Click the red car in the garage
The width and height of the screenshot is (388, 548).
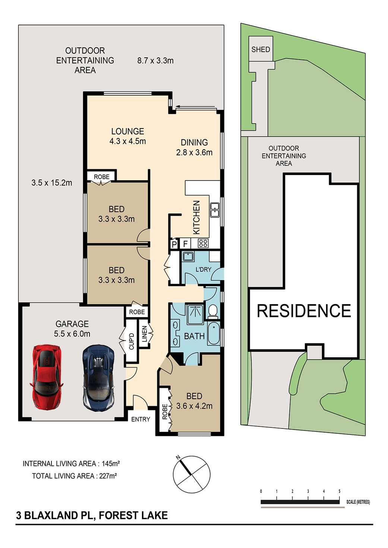tap(47, 377)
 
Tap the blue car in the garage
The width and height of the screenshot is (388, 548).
tap(98, 378)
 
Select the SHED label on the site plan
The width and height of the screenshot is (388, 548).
tap(261, 50)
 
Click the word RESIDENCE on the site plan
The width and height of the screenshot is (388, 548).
tap(304, 311)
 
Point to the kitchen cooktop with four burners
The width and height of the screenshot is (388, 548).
tap(203, 243)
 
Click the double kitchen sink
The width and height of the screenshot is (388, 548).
tap(215, 210)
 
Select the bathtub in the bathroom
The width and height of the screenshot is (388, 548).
tap(214, 333)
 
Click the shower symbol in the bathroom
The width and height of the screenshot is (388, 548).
tap(195, 314)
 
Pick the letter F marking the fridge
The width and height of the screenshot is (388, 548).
tap(185, 244)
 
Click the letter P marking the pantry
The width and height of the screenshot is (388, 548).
tap(174, 244)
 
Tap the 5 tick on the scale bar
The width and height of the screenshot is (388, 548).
tap(340, 491)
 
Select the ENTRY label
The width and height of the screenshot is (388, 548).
tap(141, 419)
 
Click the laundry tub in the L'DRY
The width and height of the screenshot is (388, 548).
tap(188, 257)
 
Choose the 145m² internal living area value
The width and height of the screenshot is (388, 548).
tap(111, 463)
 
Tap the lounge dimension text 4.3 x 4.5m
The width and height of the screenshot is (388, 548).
tap(127, 141)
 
